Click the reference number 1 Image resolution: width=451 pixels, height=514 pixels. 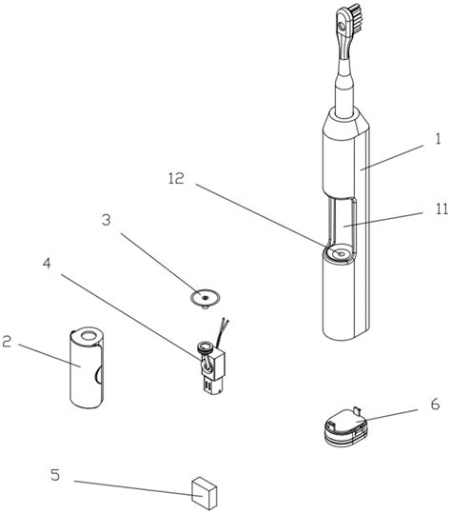pos(439,139)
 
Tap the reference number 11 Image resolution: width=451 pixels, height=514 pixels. pos(441,208)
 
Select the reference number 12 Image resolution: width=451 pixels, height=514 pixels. pos(176,179)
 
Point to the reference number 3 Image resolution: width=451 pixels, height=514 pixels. pos(107,220)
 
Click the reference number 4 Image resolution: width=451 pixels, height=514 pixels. pos(48,264)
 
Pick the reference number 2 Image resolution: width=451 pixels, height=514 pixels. pos(7,342)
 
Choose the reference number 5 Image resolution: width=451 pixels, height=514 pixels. pos(55,475)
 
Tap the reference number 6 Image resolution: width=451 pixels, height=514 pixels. pos(435,405)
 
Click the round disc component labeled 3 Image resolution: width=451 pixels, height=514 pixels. pos(206,299)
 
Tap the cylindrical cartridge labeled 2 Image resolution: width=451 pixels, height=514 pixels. pos(88,367)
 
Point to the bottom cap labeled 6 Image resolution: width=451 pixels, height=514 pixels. pos(346,427)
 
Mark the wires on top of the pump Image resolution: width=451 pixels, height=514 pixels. pos(223,333)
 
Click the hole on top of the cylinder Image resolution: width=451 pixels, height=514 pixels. pos(88,336)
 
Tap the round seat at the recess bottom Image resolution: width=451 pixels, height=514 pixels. pos(340,253)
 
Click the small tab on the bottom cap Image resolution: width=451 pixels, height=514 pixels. pos(357,410)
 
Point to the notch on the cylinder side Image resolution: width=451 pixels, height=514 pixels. pos(99,375)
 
